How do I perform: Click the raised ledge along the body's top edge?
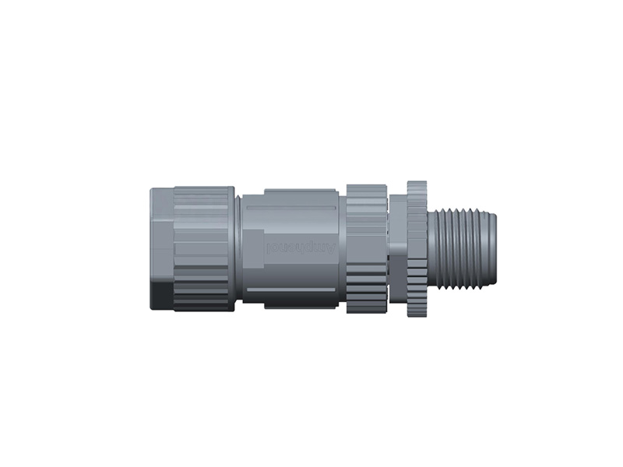[x=299, y=191]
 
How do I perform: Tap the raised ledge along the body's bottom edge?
[x=299, y=304]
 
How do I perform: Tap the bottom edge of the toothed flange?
[x=417, y=318]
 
